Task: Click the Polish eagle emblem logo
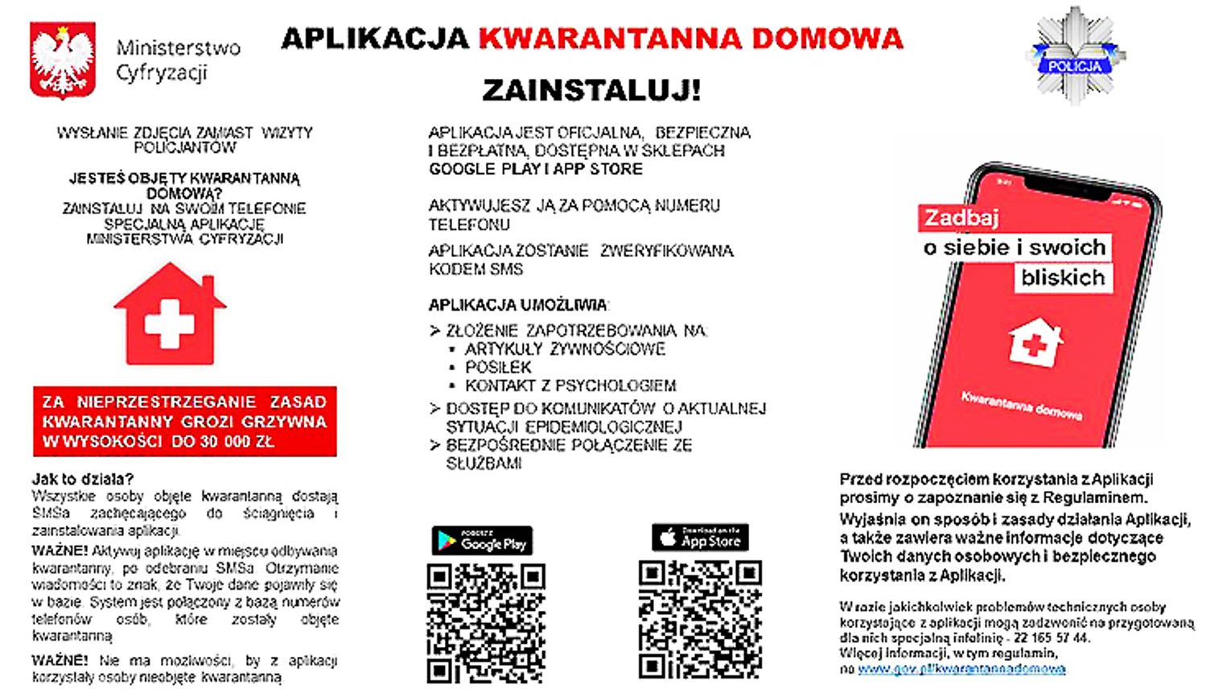(62, 60)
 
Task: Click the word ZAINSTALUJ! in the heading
(591, 89)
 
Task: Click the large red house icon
(170, 315)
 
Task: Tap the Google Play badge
(482, 542)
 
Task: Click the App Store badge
(700, 538)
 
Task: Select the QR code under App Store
(700, 620)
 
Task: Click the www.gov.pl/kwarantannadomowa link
(961, 669)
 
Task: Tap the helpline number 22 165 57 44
(1052, 638)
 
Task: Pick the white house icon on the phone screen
(1035, 343)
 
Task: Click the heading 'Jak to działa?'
(83, 480)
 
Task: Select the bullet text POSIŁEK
(498, 367)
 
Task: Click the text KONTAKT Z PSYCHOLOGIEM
(570, 386)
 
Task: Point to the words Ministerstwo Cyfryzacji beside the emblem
(178, 60)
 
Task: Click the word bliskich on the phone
(1063, 278)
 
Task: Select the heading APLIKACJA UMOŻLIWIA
(518, 305)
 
